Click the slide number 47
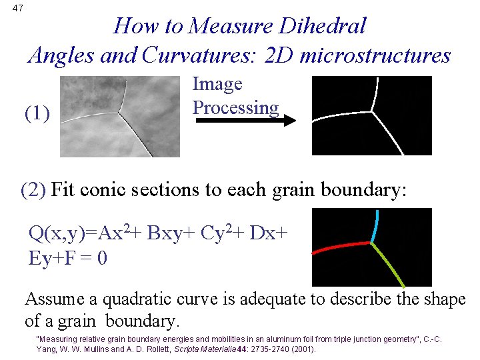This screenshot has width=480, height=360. pos(17,8)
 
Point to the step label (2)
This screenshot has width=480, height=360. pos(33,190)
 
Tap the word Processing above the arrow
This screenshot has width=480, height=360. pos(235,107)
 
